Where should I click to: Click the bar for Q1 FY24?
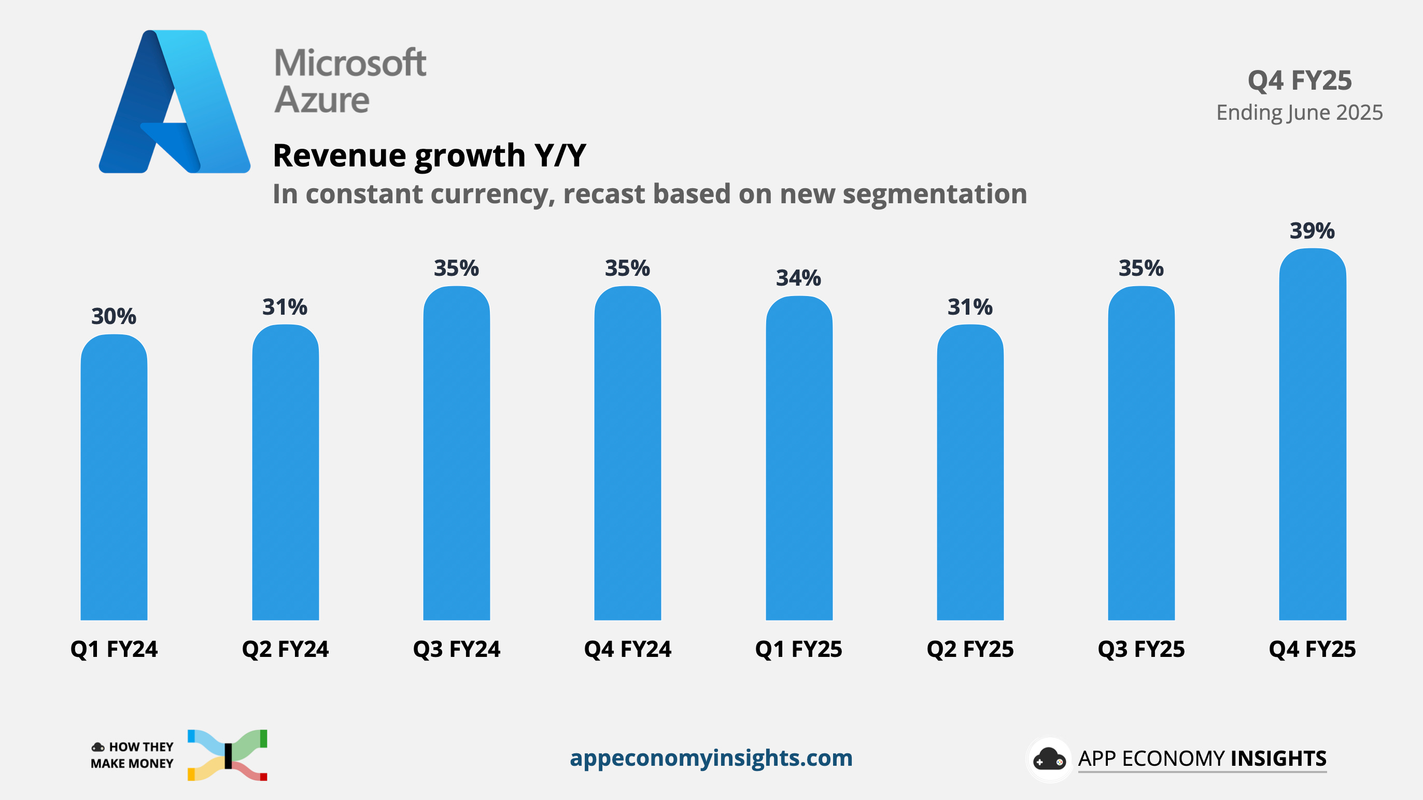point(114,478)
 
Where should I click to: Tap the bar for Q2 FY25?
point(970,473)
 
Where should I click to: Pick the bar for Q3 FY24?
point(456,454)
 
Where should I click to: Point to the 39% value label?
point(1312,231)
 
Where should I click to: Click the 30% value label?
point(114,317)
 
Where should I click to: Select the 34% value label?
point(798,278)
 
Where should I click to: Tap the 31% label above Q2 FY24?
point(285,307)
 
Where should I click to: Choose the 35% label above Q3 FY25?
point(1142,269)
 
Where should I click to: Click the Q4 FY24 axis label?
point(628,649)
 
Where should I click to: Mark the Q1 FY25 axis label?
point(798,649)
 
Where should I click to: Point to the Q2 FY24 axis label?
point(285,649)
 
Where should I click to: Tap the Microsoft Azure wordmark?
point(350,81)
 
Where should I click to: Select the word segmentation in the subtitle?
point(934,194)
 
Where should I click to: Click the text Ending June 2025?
point(1299,113)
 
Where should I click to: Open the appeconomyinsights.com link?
point(711,758)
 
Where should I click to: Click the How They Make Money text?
point(132,755)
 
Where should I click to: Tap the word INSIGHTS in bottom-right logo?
point(1278,759)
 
